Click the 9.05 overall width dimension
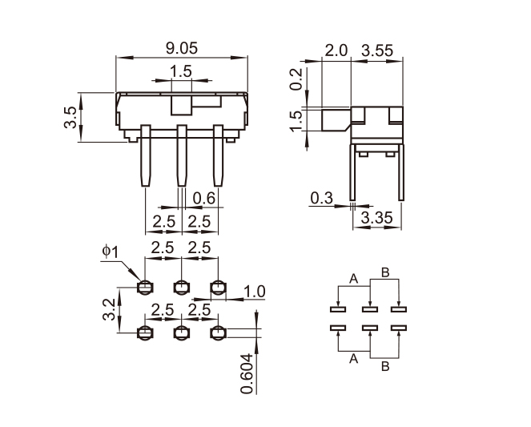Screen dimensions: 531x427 182,48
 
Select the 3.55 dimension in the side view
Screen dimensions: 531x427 377,50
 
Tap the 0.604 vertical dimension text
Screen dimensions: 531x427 247,374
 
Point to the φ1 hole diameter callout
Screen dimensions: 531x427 111,252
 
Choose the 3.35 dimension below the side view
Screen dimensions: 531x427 377,218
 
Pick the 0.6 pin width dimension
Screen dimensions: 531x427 204,198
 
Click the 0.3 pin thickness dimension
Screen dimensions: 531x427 321,198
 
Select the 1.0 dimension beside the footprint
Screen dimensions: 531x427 255,292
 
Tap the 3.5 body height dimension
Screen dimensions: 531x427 70,117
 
